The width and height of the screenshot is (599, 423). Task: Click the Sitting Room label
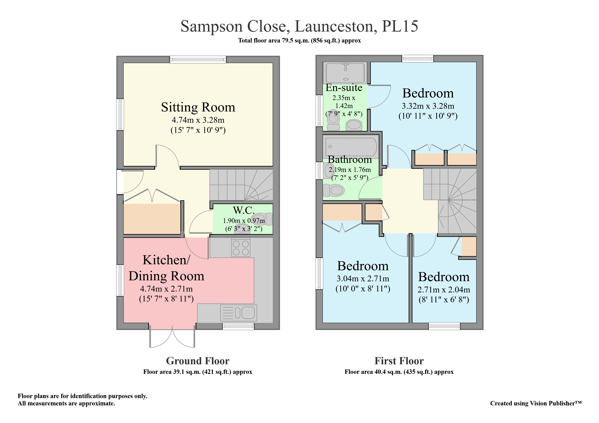(x=198, y=107)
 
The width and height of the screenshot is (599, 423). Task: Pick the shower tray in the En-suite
(x=345, y=72)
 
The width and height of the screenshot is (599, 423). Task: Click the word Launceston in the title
(x=336, y=26)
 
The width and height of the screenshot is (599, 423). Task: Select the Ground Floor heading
(x=198, y=361)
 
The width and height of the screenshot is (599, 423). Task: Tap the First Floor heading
(x=399, y=361)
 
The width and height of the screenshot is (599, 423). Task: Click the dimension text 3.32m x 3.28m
(x=428, y=106)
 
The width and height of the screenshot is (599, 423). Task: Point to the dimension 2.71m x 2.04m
(x=444, y=290)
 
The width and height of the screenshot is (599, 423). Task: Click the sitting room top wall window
(x=198, y=60)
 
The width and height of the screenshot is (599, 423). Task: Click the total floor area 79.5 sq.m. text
(x=299, y=41)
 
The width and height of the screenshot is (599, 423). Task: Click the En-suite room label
(x=344, y=88)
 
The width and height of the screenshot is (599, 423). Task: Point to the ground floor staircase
(x=241, y=185)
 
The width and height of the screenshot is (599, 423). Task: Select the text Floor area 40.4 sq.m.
(x=399, y=372)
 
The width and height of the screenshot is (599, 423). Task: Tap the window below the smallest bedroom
(x=444, y=326)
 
